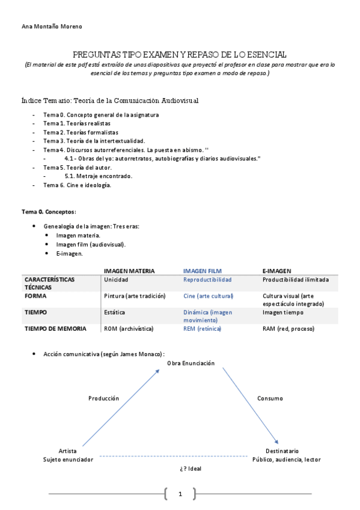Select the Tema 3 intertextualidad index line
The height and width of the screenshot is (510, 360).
94,141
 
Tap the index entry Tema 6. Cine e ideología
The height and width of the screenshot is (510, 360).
77,185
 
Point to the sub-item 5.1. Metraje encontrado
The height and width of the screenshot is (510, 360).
99,176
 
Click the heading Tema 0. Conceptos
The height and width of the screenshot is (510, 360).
49,212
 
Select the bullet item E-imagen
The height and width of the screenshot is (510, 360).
70,254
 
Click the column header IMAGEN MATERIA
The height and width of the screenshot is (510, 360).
129,271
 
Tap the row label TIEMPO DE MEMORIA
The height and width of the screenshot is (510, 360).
55,329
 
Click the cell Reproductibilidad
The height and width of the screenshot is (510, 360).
207,280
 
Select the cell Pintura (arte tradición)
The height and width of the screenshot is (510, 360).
135,296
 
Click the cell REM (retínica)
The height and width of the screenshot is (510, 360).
202,329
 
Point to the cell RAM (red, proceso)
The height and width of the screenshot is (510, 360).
288,329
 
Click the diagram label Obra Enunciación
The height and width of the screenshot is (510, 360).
191,363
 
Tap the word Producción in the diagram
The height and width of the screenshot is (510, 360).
103,398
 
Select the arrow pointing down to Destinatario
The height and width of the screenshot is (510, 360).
251,406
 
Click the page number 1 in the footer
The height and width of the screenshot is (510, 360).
180,494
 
